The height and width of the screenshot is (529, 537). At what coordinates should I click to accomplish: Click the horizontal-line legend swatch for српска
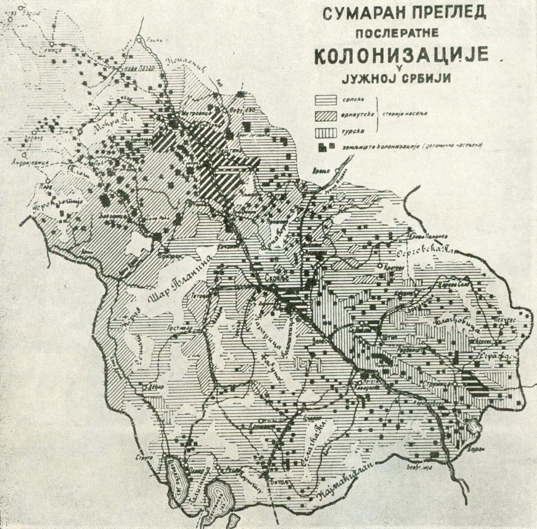[325, 99]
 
